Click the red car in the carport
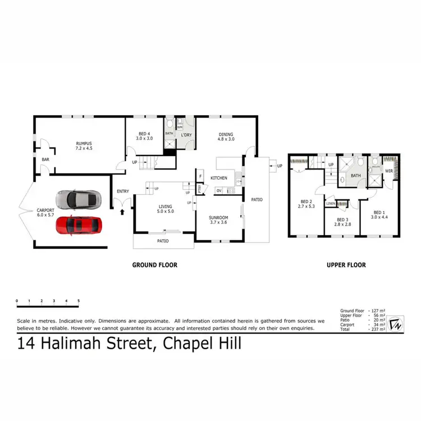79,225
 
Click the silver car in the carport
77,199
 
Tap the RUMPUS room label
84,143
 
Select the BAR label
45,159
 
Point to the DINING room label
226,134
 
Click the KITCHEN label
218,178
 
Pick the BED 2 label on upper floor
306,202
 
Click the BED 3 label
343,219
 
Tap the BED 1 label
379,212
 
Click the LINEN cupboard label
331,203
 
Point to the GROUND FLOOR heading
154,265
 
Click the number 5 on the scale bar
79,301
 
